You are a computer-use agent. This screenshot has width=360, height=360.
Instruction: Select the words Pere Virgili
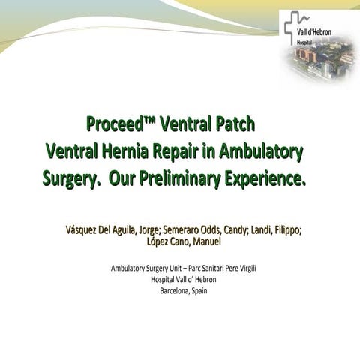(244, 268)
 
